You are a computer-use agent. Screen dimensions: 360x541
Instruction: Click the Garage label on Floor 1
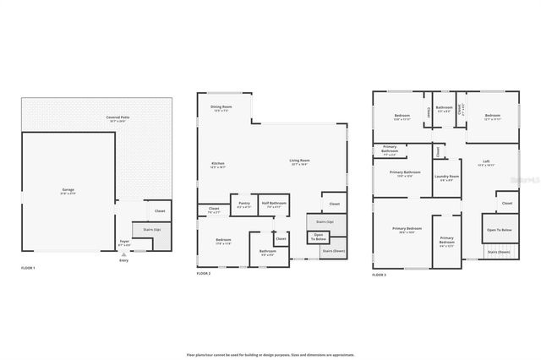(x=68, y=190)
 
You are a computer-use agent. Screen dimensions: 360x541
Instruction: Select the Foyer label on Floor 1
(x=124, y=242)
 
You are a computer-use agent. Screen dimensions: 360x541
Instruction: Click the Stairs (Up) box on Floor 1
(x=153, y=229)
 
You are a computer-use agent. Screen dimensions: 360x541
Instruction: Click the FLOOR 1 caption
(x=28, y=268)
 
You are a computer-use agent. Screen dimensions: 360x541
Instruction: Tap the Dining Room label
(x=221, y=108)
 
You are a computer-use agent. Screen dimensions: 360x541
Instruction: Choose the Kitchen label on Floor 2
(x=217, y=164)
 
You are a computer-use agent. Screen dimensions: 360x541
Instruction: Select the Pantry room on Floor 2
(x=243, y=204)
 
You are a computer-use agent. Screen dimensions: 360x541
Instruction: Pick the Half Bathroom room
(x=275, y=204)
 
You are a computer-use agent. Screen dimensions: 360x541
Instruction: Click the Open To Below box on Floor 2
(x=319, y=237)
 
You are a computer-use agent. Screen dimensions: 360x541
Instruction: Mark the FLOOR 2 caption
(x=203, y=274)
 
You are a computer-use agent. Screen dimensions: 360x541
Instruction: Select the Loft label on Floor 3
(x=486, y=162)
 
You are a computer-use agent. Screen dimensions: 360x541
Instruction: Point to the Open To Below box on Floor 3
(x=499, y=230)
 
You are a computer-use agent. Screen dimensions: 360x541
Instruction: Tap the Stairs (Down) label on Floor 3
(x=499, y=252)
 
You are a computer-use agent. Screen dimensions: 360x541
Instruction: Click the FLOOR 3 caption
(x=380, y=275)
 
